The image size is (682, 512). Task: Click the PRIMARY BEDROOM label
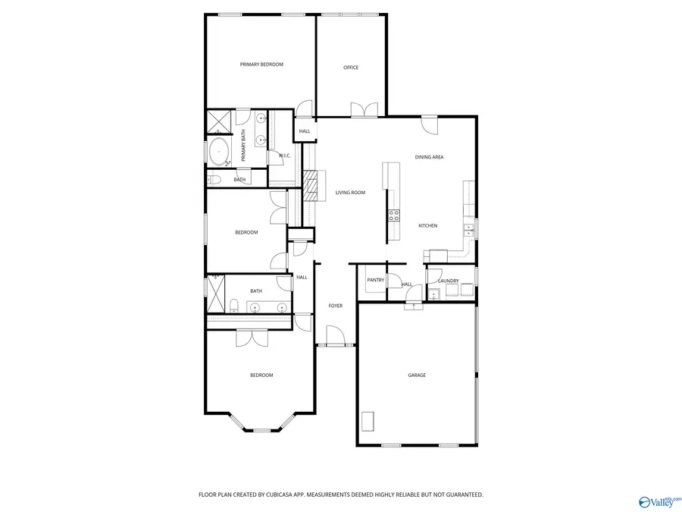point(261,64)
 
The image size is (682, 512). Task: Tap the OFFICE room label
point(351,68)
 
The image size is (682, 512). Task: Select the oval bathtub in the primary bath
point(220,152)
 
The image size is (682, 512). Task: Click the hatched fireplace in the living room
point(310,185)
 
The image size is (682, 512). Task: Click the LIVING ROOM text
point(350,193)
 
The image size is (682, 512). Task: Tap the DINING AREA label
point(429,157)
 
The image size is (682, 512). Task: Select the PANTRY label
point(375,281)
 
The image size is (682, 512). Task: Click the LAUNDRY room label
point(448,281)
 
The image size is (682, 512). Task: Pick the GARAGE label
point(417,375)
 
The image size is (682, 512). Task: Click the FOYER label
point(335,306)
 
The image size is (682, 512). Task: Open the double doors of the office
point(364,110)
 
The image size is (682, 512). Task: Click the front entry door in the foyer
point(334,336)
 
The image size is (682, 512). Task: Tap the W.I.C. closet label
point(285,155)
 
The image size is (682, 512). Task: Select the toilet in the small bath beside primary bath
point(214,180)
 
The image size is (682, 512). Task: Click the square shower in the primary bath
point(220,121)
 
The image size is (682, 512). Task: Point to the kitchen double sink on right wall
point(469,228)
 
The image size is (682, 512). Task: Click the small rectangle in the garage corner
point(368,421)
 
